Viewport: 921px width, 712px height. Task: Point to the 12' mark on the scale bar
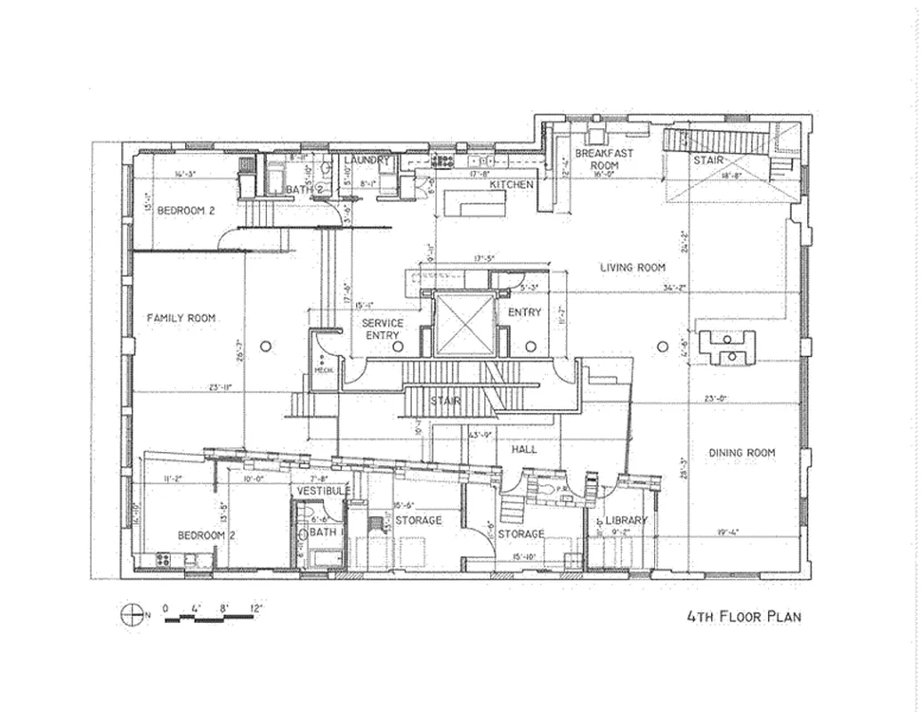[x=256, y=609]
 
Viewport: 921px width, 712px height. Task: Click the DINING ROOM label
[x=741, y=453]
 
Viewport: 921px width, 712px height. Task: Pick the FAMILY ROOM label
[x=182, y=318]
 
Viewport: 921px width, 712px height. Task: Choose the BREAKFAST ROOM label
[x=603, y=159]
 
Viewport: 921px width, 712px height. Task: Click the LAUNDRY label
[x=367, y=160]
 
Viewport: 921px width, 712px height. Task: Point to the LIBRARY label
[x=626, y=521]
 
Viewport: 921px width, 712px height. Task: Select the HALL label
[x=524, y=450]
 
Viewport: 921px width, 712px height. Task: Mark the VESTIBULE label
[x=323, y=491]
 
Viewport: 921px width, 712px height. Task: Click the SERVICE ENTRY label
[x=384, y=328]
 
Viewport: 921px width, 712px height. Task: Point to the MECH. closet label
[x=322, y=371]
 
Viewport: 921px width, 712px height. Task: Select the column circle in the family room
[x=264, y=345]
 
